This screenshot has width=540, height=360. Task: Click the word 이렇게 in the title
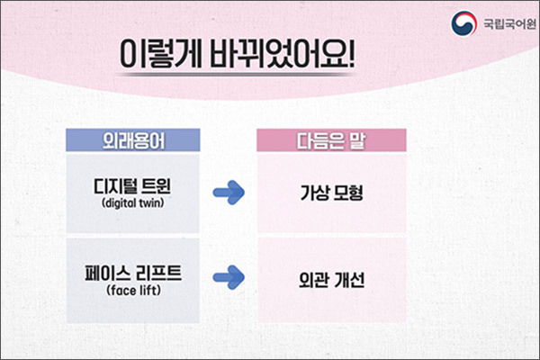[160, 54]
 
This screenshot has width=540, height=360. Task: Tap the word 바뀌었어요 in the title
[278, 54]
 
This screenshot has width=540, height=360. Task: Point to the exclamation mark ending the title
[351, 54]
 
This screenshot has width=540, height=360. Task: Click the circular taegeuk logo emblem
[464, 23]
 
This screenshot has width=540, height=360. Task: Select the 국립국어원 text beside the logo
[509, 23]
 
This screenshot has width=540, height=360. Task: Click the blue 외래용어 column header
[133, 140]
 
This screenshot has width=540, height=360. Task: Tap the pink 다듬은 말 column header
[331, 140]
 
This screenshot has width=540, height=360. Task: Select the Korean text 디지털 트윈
[132, 186]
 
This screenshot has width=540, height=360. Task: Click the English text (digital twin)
[132, 202]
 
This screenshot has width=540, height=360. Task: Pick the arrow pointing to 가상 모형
[229, 193]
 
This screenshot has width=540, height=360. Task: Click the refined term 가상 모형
[331, 193]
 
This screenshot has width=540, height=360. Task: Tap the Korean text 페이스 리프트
[133, 274]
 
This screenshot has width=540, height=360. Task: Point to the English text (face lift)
[133, 290]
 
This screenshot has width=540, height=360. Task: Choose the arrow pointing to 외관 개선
[229, 277]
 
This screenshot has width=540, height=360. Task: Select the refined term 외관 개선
[331, 280]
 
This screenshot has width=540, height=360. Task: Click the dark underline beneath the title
[236, 75]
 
